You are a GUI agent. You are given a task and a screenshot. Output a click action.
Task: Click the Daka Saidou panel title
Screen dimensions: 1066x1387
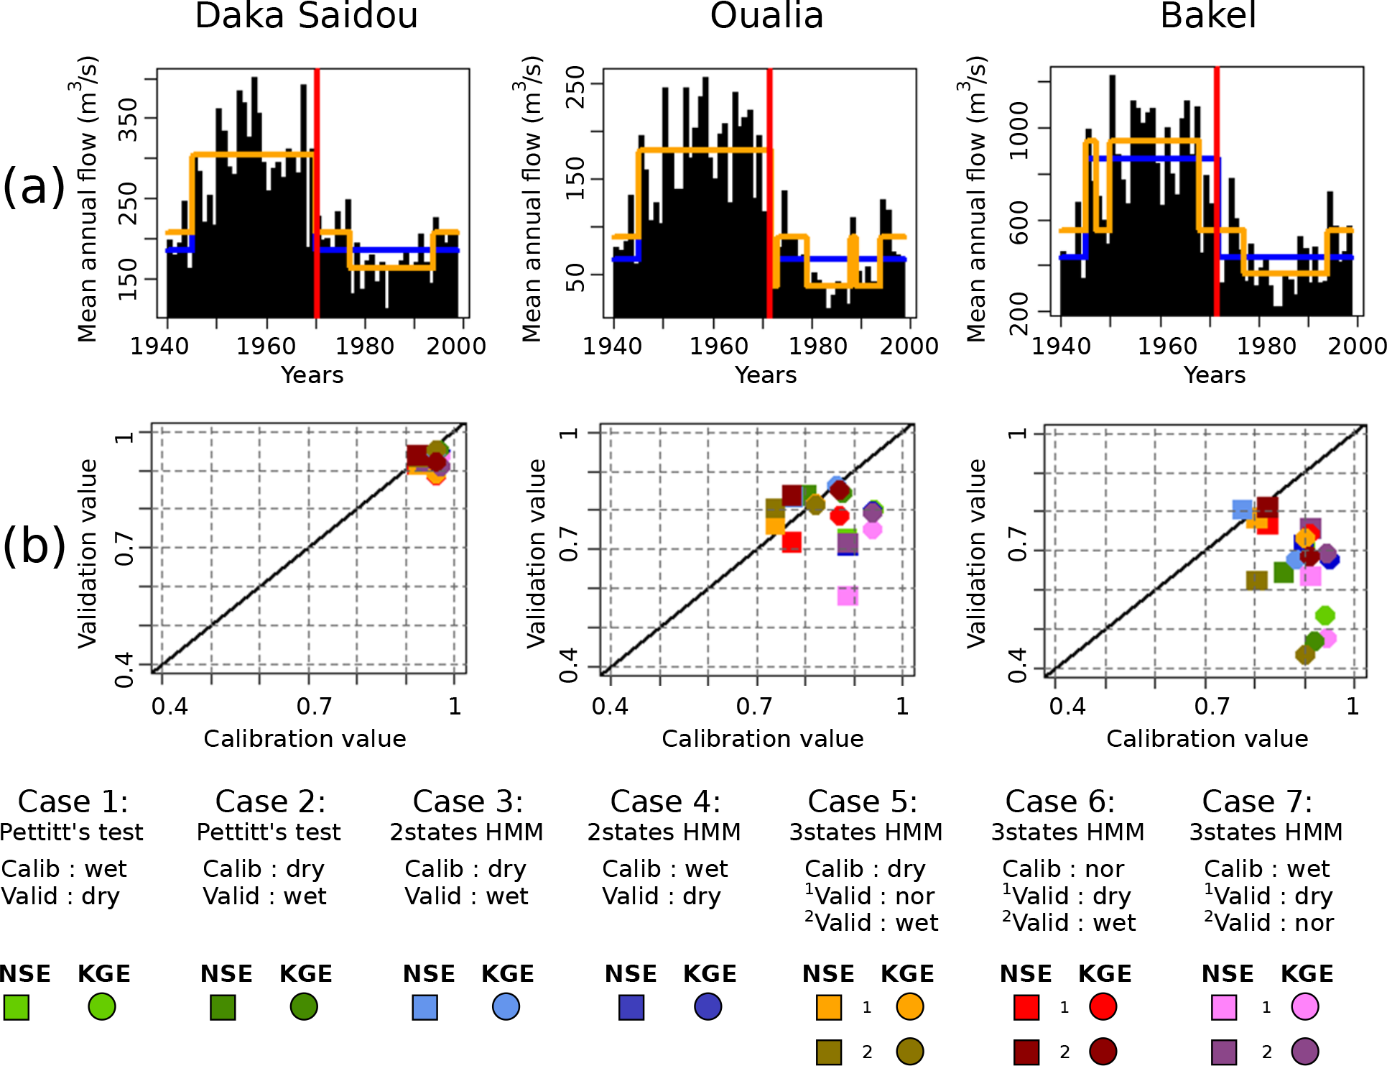pyautogui.click(x=306, y=16)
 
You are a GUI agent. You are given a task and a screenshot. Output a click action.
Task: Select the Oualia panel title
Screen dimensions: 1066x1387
pyautogui.click(x=766, y=16)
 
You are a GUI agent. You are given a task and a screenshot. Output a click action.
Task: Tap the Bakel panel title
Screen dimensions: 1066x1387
pyautogui.click(x=1208, y=16)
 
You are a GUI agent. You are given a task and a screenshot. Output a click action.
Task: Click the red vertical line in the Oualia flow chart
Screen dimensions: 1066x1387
pyautogui.click(x=769, y=194)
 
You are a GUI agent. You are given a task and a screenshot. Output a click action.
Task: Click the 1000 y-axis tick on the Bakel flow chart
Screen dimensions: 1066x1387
pyautogui.click(x=1019, y=129)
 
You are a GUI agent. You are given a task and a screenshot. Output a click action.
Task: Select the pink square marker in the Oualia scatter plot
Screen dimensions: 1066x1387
pyautogui.click(x=848, y=596)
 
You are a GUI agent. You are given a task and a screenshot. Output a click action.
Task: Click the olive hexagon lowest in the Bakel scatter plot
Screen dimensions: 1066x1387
pyautogui.click(x=1305, y=654)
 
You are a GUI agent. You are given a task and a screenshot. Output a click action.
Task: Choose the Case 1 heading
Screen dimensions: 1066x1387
pyautogui.click(x=73, y=801)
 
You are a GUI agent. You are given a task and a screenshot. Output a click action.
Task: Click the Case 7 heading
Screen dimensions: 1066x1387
pyautogui.click(x=1257, y=801)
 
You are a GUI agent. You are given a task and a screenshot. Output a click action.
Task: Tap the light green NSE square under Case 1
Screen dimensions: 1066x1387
pyautogui.click(x=16, y=1007)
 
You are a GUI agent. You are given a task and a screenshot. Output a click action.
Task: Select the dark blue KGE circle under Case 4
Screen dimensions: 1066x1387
pyautogui.click(x=708, y=1007)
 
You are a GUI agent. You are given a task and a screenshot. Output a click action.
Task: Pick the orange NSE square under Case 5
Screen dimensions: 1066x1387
pyautogui.click(x=829, y=1007)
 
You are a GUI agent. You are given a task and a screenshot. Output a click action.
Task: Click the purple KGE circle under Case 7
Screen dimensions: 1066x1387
pyautogui.click(x=1304, y=1052)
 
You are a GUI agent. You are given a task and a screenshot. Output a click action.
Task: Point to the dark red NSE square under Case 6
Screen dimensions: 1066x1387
pyautogui.click(x=1026, y=1052)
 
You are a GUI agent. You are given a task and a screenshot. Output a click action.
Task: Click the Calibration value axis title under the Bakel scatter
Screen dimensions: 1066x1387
pyautogui.click(x=1207, y=738)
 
